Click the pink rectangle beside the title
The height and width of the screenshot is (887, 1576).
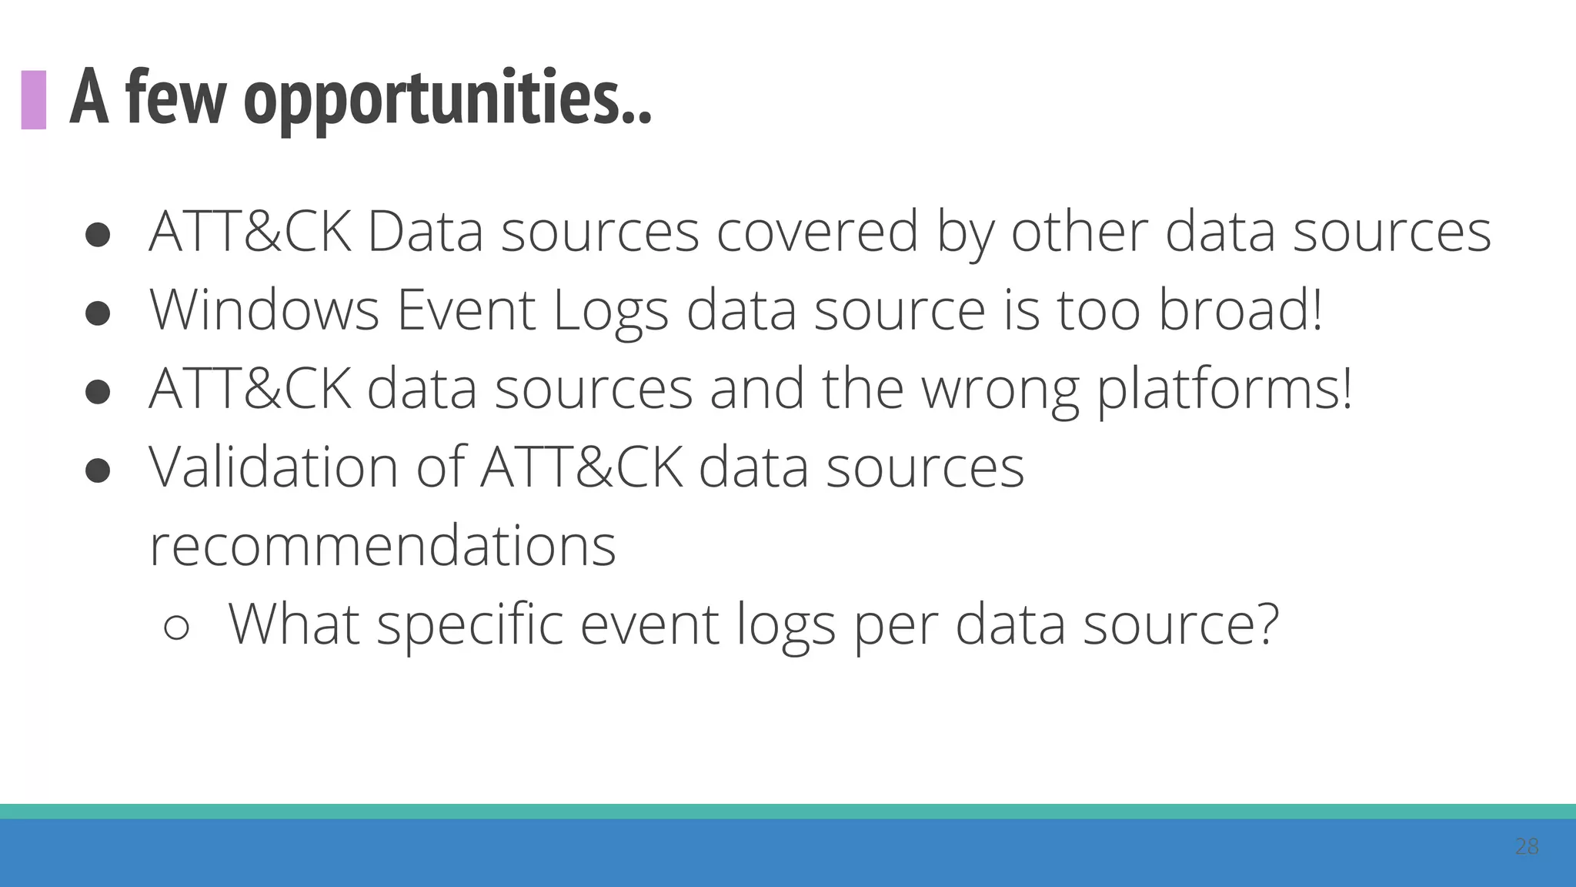33,99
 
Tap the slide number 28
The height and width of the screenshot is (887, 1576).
1526,846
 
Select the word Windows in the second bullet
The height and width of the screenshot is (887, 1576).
264,310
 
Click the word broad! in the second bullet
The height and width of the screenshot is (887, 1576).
1240,310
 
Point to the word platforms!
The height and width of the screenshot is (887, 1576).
1224,390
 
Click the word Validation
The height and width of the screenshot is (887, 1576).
273,467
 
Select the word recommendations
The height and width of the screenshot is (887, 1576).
382,546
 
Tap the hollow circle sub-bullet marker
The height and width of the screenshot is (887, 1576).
176,628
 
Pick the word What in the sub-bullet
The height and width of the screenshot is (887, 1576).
294,624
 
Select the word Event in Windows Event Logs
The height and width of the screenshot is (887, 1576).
466,310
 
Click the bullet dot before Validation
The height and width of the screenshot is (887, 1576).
98,470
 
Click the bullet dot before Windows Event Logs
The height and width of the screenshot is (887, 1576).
98,313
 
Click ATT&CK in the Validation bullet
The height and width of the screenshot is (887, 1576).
581,467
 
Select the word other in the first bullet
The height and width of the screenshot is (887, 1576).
1079,231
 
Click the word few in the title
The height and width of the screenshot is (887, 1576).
175,99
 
